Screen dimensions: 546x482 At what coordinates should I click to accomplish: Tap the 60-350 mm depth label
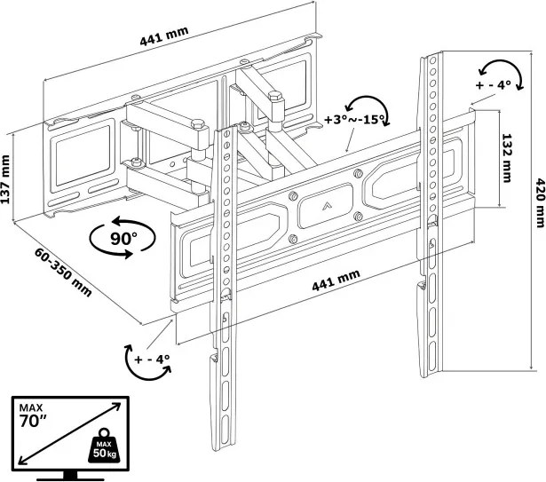click(x=63, y=272)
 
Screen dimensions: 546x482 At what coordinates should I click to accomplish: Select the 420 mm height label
click(x=540, y=202)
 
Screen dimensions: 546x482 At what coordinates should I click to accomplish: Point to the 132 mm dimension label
click(x=506, y=158)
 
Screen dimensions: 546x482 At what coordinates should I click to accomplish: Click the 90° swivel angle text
click(x=123, y=239)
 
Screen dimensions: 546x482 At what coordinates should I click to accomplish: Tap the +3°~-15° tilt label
click(x=354, y=120)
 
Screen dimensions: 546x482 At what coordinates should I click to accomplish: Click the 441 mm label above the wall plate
click(x=164, y=36)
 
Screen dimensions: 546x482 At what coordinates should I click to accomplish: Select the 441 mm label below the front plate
click(x=336, y=281)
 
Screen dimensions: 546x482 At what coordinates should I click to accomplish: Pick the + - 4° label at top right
click(x=494, y=84)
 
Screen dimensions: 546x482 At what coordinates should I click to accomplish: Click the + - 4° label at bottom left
click(x=152, y=359)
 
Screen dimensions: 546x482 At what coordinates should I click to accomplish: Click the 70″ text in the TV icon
click(x=33, y=421)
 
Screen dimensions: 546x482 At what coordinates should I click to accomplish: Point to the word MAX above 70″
click(x=31, y=407)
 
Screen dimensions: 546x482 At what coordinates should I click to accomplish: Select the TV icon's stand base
click(x=70, y=476)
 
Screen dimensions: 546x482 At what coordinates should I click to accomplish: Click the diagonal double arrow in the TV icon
click(x=69, y=433)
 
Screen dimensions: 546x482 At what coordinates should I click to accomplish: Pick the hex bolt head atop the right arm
click(x=275, y=96)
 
